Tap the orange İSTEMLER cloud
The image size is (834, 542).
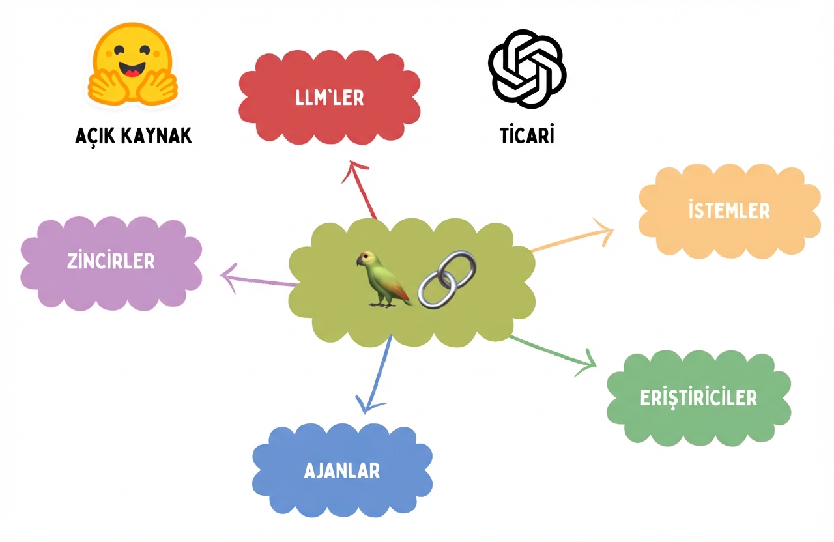(728, 210)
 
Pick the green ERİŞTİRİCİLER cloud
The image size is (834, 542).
(698, 397)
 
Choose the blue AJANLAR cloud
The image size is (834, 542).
(342, 470)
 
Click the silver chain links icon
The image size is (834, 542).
(447, 279)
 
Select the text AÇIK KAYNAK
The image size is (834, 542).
(133, 135)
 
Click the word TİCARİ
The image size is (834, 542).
(526, 135)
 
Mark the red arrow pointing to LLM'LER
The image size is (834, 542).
(362, 189)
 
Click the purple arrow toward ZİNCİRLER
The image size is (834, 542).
(257, 279)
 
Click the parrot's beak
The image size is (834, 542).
(359, 262)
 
